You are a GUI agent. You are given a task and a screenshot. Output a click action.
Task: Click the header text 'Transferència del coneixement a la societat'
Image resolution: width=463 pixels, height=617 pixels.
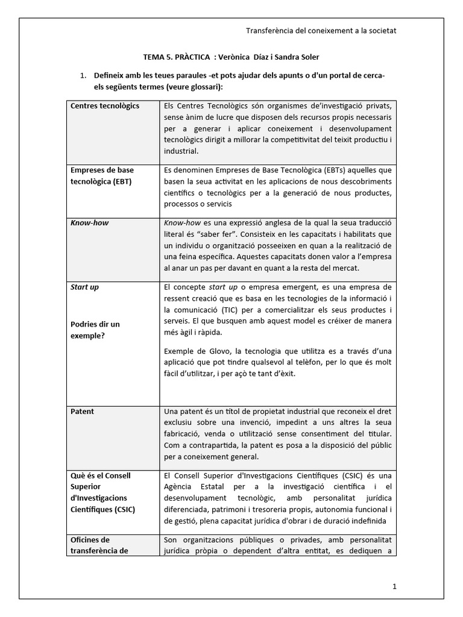321,31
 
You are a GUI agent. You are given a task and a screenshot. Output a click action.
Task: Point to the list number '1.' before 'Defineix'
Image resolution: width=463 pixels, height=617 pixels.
84,75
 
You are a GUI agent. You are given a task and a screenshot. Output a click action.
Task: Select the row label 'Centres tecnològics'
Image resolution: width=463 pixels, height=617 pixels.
105,106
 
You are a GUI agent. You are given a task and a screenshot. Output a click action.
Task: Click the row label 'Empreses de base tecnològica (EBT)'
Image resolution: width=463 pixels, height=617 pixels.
102,176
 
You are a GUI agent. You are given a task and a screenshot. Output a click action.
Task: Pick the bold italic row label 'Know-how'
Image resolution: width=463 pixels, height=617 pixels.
90,223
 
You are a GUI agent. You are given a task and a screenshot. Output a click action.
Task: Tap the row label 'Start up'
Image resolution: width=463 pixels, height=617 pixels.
85,287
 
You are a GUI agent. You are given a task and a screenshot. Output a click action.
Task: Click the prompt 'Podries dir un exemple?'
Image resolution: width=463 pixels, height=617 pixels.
95,330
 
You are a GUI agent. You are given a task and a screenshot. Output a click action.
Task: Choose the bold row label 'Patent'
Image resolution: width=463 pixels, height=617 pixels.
83,412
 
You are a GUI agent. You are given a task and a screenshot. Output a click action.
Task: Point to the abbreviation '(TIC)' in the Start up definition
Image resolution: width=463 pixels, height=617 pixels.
223,310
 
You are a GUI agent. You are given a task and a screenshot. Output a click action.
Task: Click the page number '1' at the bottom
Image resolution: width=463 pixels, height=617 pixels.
394,586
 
